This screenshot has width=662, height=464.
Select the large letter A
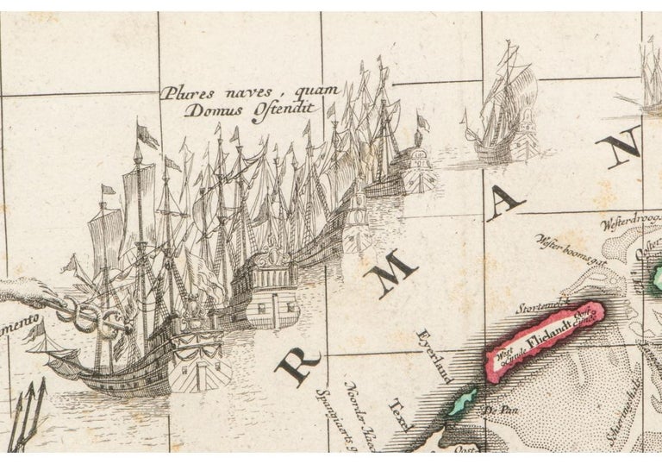tap(504, 204)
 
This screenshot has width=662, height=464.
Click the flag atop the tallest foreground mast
tap(148, 135)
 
